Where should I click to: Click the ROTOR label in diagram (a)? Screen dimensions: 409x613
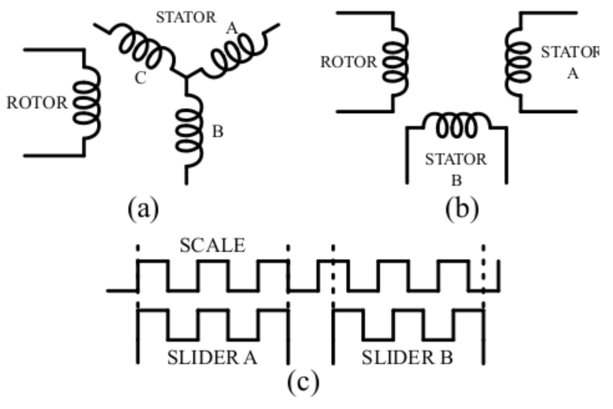(x=37, y=103)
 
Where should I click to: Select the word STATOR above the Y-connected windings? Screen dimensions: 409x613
(x=186, y=17)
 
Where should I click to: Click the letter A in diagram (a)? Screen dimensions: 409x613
(x=231, y=30)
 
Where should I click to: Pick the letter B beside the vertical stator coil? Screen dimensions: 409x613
(x=218, y=132)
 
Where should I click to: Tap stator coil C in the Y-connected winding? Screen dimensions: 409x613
(x=143, y=47)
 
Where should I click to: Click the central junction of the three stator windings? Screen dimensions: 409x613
(x=186, y=78)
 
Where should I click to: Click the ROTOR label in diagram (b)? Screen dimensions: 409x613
(x=348, y=62)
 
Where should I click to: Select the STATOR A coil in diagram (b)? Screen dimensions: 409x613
(x=519, y=61)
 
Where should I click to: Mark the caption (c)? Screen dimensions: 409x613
(x=303, y=382)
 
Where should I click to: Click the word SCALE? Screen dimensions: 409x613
(x=212, y=245)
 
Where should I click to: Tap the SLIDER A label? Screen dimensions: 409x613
(x=212, y=358)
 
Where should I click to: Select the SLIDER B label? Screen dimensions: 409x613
(x=407, y=358)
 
